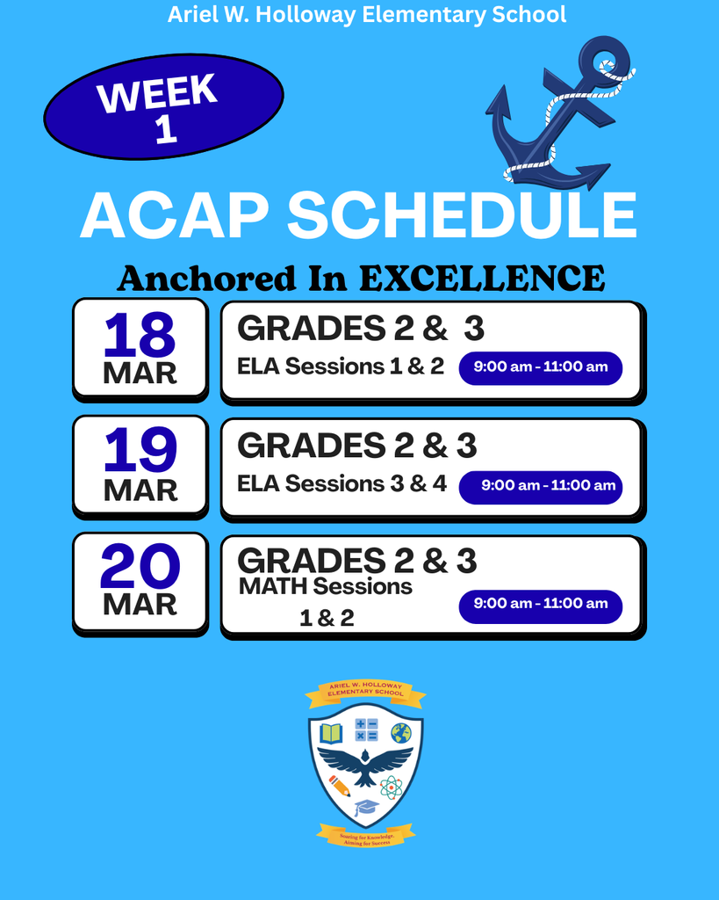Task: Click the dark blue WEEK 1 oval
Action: [163, 107]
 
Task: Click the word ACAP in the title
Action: [176, 216]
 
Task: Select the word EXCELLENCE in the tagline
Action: [482, 279]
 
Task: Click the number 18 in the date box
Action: [140, 336]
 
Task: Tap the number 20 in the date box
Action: [140, 568]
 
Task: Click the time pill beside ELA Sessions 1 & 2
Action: [541, 367]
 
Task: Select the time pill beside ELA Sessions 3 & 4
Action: [541, 486]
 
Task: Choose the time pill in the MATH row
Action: [541, 604]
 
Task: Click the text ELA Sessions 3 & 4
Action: [342, 484]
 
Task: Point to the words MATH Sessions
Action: [326, 586]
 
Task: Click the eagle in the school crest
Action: [365, 763]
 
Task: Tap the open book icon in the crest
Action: [331, 732]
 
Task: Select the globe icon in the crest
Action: [401, 732]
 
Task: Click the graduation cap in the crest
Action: [366, 807]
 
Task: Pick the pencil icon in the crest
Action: [339, 785]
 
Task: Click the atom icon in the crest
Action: [392, 787]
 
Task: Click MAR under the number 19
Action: [140, 490]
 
